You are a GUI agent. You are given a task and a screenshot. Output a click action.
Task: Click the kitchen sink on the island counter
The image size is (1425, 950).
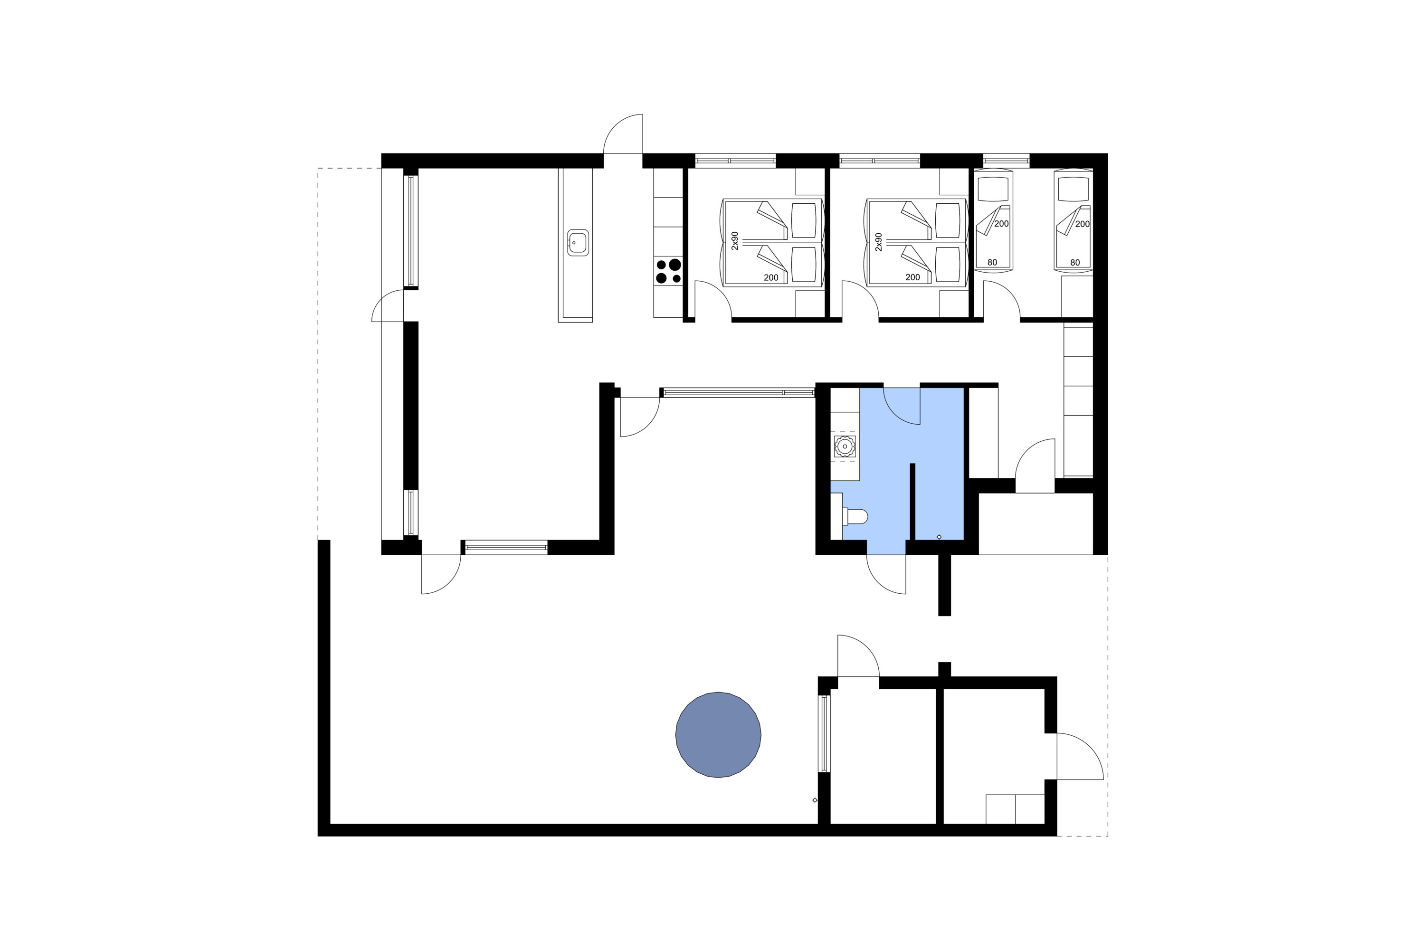coord(578,243)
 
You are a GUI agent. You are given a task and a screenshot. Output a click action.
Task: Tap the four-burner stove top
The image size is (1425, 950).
coord(668,271)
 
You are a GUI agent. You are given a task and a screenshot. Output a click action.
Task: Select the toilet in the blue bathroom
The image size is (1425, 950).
coord(856,517)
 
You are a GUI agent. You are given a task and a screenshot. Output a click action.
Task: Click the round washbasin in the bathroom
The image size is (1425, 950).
coord(845,446)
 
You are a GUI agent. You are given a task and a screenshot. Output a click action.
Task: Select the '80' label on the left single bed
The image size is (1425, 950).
coord(992,262)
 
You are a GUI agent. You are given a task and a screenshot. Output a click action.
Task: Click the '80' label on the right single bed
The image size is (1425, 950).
coord(1075,262)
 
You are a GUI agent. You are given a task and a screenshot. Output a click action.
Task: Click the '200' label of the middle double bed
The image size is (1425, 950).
coord(912,277)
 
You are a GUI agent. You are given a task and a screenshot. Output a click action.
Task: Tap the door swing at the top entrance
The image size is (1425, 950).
coord(624,134)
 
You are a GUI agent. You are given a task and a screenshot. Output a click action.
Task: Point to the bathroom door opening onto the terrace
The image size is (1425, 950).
coord(886,574)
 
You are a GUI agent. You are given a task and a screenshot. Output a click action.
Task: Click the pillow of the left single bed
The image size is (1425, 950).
coord(993,189)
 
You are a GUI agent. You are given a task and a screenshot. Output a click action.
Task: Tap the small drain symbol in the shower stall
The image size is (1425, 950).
coord(939,537)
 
